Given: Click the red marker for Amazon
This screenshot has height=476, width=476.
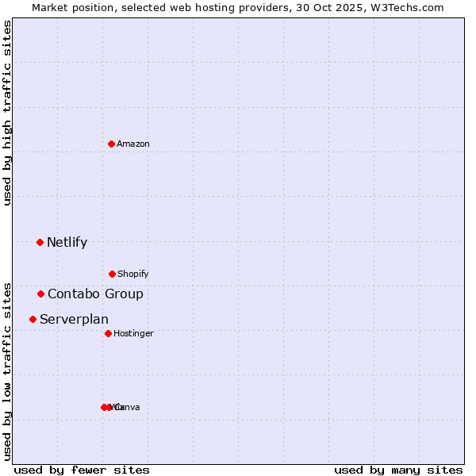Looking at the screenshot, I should point(111,144).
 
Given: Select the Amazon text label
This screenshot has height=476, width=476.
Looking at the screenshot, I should point(133,144).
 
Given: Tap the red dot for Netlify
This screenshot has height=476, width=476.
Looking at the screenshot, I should point(40,242).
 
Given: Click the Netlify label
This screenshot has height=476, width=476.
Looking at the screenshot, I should point(67,243).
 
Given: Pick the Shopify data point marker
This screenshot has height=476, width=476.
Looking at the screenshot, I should point(112,274).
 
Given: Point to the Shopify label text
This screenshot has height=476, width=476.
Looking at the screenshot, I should point(133,274).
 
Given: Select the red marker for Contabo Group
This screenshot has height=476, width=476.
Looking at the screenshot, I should point(40,294).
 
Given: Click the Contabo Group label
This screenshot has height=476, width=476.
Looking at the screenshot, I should point(95,294).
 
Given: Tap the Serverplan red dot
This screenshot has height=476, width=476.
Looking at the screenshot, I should point(33,319).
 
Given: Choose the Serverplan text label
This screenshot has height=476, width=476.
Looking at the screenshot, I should point(74,320).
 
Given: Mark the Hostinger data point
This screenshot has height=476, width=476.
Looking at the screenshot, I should point(108,333).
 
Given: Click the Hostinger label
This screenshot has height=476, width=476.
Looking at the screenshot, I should point(133,334).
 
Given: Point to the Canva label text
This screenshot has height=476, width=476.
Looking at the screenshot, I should point(128,408).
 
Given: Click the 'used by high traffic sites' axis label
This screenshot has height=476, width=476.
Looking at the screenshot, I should point(7,113).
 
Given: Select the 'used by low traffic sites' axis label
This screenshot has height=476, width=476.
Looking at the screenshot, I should point(7,371).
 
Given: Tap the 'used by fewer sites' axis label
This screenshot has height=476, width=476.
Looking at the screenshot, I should point(82,470).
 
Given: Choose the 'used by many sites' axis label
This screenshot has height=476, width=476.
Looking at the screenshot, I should point(398,470).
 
